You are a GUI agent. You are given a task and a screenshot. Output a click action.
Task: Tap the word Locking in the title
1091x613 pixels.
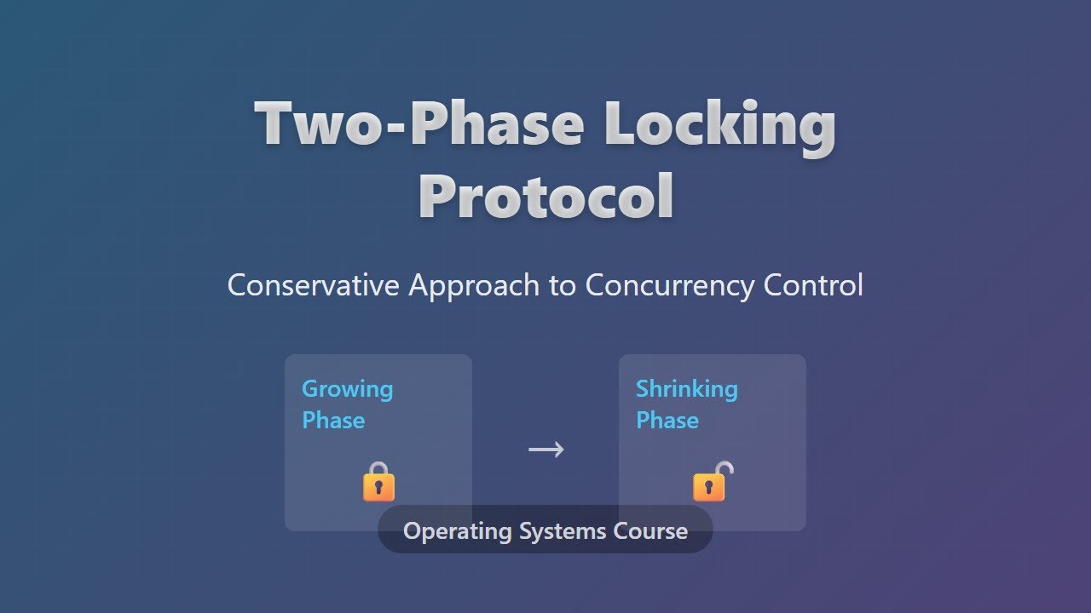pyautogui.click(x=719, y=124)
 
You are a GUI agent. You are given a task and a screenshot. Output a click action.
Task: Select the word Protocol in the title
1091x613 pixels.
pyautogui.click(x=545, y=196)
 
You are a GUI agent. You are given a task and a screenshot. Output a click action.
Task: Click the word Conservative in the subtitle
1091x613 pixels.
pyautogui.click(x=313, y=285)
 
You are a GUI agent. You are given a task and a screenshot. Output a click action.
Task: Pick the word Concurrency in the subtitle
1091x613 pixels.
pyautogui.click(x=670, y=285)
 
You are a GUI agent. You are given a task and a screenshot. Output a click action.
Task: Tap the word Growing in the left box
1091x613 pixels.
pyautogui.click(x=347, y=389)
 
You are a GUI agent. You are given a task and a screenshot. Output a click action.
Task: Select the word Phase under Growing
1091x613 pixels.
pyautogui.click(x=333, y=421)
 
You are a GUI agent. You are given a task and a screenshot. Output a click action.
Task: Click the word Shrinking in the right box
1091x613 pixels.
pyautogui.click(x=686, y=389)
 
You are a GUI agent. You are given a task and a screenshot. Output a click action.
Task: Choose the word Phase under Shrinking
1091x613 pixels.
pyautogui.click(x=667, y=421)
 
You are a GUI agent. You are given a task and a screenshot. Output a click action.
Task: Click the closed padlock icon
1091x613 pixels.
pyautogui.click(x=378, y=482)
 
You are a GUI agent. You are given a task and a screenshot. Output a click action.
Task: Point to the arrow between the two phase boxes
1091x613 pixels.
pyautogui.click(x=545, y=449)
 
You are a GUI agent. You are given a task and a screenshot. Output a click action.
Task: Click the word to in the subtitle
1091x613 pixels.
pyautogui.click(x=563, y=285)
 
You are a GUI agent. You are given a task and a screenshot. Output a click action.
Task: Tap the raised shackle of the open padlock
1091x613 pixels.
pyautogui.click(x=724, y=468)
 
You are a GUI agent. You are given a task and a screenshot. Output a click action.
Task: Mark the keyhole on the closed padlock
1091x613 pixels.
pyautogui.click(x=378, y=489)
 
